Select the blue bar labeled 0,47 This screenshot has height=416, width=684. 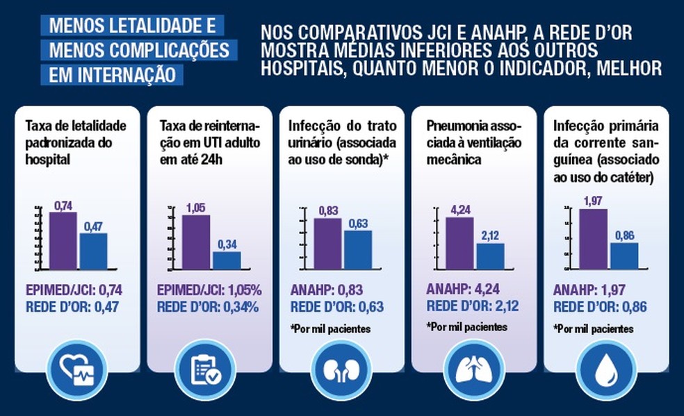[93, 251]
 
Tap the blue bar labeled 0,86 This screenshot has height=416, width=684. [624, 256]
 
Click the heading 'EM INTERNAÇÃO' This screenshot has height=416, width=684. [112, 74]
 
